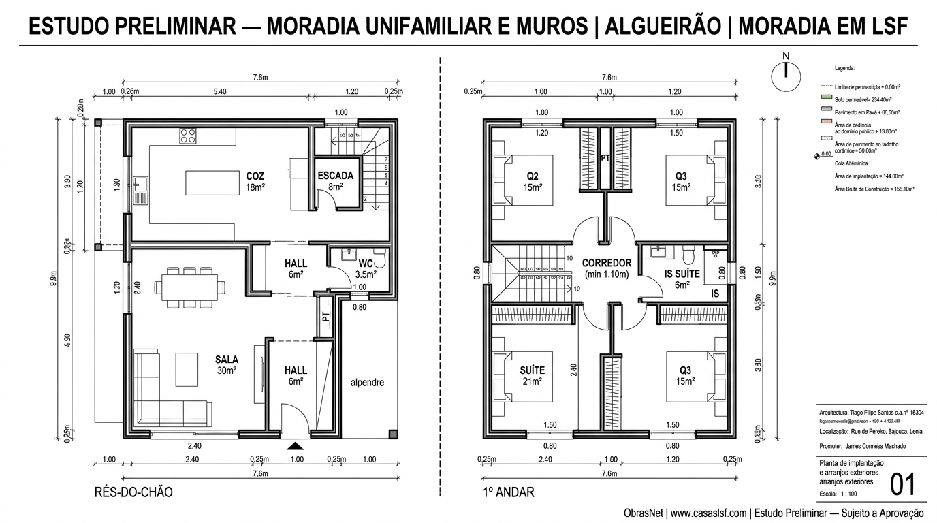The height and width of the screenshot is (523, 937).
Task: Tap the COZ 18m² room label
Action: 255,181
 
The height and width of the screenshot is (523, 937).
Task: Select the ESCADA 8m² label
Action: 336,180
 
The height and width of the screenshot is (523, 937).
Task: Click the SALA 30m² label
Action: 226,365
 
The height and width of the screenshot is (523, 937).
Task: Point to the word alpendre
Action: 367,383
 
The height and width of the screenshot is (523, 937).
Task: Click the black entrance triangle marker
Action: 295,446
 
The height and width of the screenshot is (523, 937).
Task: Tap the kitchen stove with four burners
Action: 189,136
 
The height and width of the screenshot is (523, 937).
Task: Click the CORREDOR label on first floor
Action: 606,268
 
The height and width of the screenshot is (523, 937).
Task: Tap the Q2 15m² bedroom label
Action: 533,182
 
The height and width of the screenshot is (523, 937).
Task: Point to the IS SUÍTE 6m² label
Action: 682,279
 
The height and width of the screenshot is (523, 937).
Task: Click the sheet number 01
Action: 903,485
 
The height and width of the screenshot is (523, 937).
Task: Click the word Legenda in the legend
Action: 844,69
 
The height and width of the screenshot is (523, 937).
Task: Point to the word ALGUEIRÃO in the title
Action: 665,27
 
